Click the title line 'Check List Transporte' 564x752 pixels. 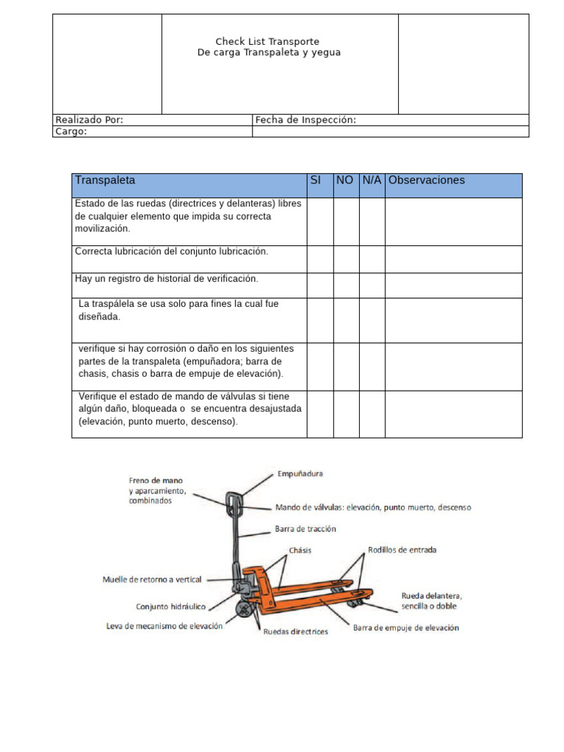tap(267, 42)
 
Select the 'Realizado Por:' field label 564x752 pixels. tap(90, 120)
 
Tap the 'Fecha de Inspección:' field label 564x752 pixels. tap(305, 120)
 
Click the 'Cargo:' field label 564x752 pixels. tap(71, 131)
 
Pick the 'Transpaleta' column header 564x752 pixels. tap(105, 181)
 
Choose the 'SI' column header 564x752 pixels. tap(316, 181)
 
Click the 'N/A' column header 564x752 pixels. tap(372, 181)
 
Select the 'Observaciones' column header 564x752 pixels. tap(427, 181)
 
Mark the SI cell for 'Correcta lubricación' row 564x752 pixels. tap(319, 259)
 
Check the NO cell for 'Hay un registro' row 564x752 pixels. tap(346, 286)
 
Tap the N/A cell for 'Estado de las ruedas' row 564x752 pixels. tap(372, 222)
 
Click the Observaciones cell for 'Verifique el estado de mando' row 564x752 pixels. tap(453, 414)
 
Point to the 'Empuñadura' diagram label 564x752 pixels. tap(300, 474)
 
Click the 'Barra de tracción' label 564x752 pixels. tap(305, 528)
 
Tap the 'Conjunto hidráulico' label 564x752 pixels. tap(170, 607)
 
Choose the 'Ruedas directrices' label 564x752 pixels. tap(295, 632)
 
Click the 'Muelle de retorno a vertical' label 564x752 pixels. tap(151, 579)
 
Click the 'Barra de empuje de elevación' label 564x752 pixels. tap(406, 628)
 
